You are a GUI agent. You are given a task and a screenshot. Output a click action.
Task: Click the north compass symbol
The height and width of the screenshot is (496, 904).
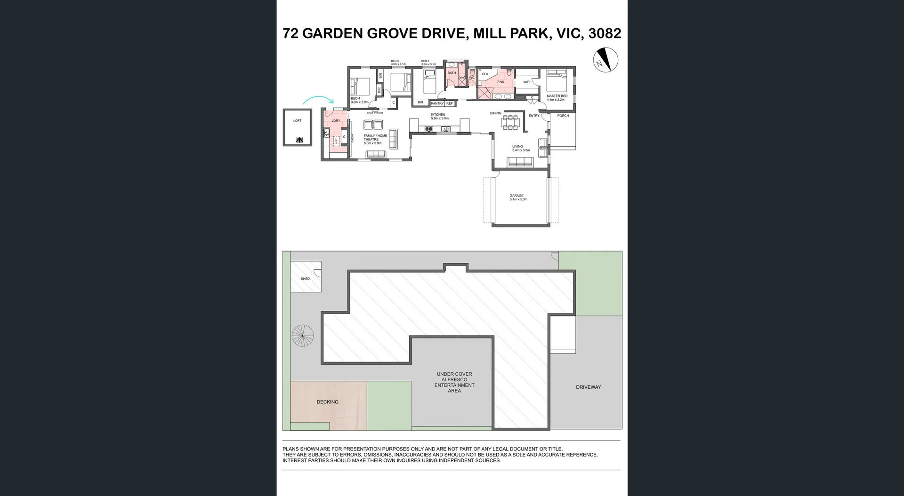coord(605,60)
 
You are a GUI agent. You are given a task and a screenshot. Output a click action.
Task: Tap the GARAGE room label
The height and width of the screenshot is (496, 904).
coord(517,196)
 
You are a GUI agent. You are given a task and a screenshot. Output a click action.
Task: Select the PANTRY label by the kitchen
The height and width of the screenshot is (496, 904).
coord(437,103)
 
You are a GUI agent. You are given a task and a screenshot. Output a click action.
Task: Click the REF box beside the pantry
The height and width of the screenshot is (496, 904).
coord(450,103)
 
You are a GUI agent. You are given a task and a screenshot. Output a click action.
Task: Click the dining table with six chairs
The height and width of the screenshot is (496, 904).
coord(510,122)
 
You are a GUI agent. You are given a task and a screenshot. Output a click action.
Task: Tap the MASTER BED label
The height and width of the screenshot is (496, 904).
coord(557,96)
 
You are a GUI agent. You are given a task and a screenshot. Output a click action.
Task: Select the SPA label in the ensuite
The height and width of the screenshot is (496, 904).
coord(485,74)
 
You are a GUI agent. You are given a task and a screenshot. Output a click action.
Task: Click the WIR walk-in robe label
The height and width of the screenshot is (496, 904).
coord(526,82)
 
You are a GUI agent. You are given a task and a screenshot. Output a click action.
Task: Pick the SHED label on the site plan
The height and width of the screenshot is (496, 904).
coord(305,279)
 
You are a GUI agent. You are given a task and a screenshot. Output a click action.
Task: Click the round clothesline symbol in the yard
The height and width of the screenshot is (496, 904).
coord(302,336)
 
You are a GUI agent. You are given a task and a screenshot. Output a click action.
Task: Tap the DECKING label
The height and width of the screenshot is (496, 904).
coord(327,402)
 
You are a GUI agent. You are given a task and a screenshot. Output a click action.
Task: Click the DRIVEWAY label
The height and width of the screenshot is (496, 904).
coord(588,387)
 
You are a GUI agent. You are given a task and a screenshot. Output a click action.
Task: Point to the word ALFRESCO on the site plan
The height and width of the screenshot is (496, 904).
coord(454,379)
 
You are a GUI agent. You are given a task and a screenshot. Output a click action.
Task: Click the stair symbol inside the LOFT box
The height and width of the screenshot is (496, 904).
coord(299,140)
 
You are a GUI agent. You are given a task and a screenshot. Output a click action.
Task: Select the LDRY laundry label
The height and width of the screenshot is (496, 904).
coord(336,121)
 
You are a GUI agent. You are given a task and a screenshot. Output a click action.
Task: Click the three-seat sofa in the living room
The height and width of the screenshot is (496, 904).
coord(520,162)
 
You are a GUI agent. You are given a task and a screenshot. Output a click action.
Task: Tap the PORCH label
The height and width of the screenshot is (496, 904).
coord(563,116)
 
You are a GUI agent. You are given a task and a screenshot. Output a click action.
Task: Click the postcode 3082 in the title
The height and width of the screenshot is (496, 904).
coord(605,33)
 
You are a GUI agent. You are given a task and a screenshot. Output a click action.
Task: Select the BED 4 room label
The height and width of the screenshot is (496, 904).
coord(355,98)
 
